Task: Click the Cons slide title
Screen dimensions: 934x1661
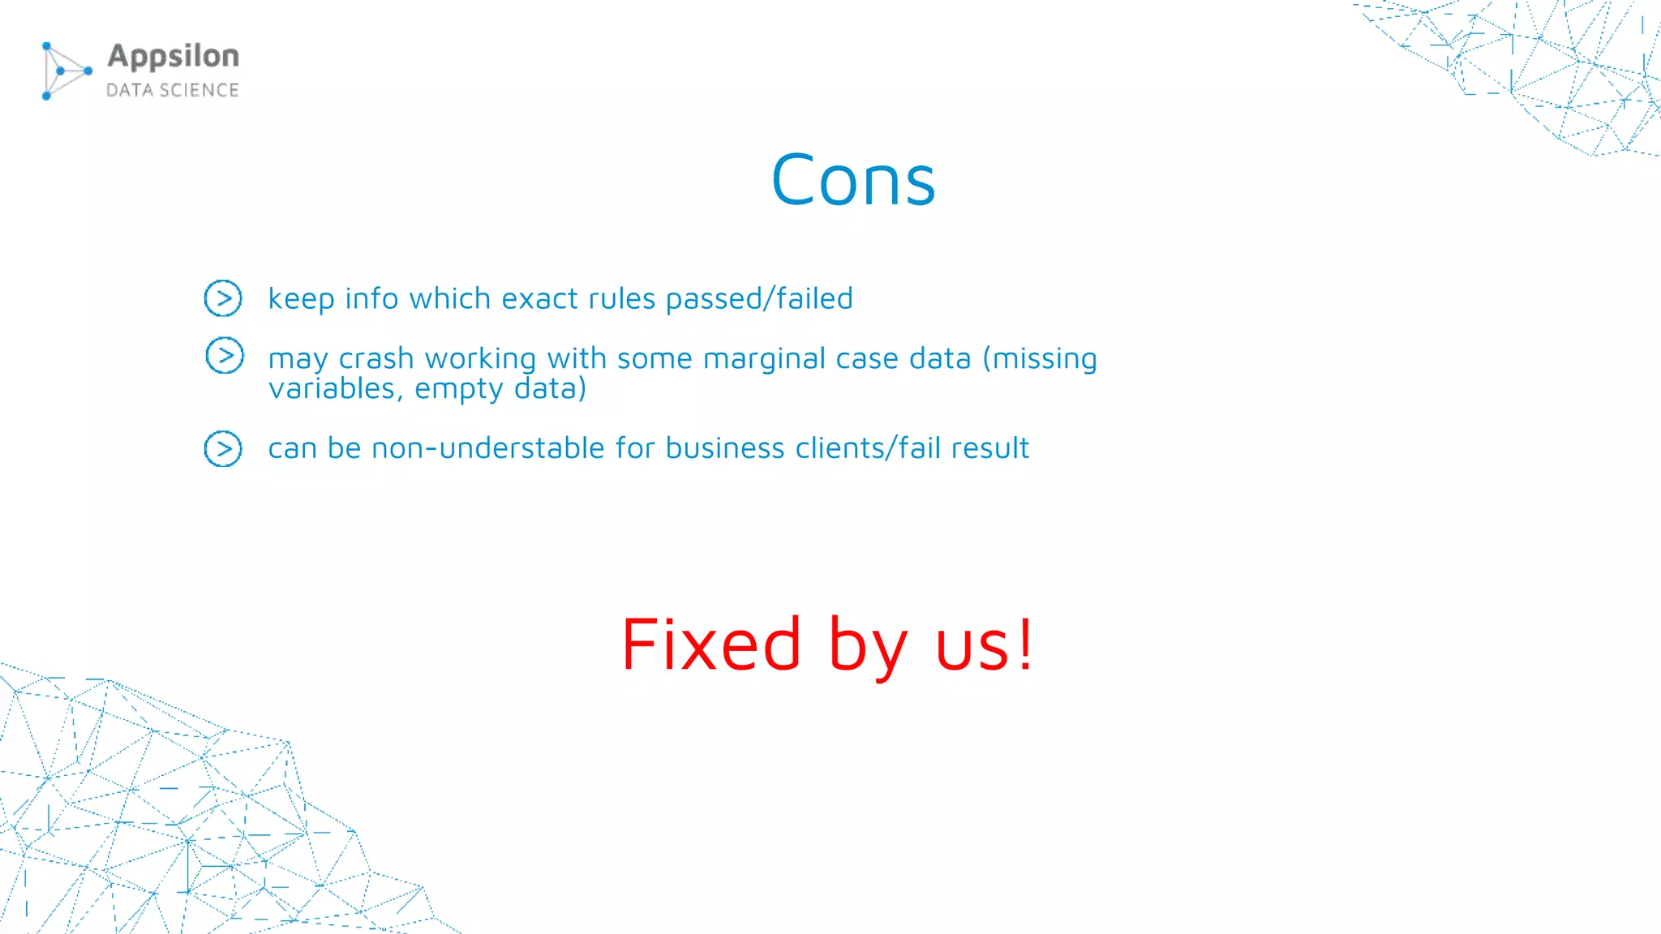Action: pos(853,180)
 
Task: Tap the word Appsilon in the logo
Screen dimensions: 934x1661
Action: pos(174,57)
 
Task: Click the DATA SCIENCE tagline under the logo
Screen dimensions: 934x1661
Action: pos(173,90)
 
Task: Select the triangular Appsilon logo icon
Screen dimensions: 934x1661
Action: pos(64,71)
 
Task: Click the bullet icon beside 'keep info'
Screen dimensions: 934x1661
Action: pos(223,298)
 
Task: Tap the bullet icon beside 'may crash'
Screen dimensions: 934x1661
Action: pos(225,355)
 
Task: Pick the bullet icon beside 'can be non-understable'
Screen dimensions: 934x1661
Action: pos(223,448)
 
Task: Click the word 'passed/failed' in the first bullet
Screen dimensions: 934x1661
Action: pos(759,299)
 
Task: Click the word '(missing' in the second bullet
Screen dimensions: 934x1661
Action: pos(1040,358)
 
